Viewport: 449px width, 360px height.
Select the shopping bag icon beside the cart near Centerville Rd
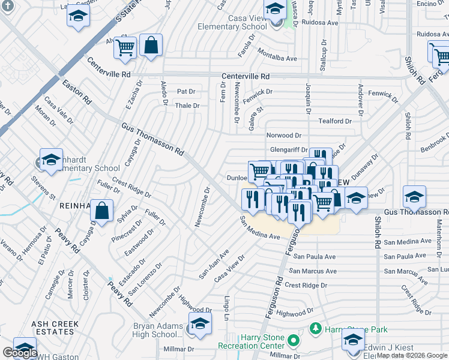(151, 46)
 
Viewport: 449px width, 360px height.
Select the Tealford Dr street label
(334, 121)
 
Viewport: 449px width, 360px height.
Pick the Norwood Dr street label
(284, 136)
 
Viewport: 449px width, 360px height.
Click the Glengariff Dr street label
(289, 151)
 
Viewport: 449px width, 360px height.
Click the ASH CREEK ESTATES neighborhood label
(52, 328)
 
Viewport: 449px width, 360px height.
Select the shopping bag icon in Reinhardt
(102, 211)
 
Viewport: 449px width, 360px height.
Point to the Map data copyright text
(412, 355)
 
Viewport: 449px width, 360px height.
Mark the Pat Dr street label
(186, 92)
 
